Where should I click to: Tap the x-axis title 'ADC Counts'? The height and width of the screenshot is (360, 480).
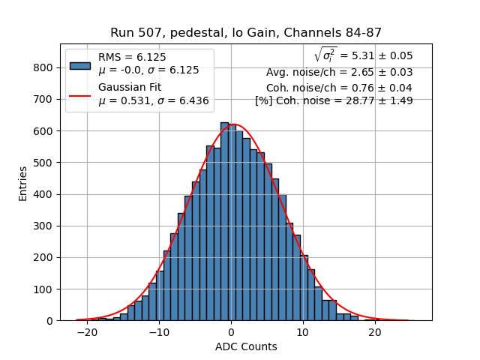(246, 346)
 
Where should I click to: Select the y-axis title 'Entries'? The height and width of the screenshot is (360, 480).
(23, 183)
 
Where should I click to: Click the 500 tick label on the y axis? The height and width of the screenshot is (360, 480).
(43, 163)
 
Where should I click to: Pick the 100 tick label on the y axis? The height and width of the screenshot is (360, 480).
(43, 289)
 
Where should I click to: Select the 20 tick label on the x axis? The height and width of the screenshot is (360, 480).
(375, 332)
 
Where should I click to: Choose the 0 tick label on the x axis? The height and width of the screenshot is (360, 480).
(231, 332)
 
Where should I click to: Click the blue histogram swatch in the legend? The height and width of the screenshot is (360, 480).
(80, 64)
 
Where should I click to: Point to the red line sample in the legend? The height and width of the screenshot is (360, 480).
(80, 95)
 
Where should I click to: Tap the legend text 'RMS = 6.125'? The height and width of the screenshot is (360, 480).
(132, 57)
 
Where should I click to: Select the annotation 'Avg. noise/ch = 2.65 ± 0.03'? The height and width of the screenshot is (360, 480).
(339, 73)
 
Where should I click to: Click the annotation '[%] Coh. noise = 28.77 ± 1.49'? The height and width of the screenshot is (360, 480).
(334, 100)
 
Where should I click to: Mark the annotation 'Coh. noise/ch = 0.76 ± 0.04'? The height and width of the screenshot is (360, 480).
(339, 87)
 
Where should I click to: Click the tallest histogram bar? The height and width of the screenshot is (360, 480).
(224, 221)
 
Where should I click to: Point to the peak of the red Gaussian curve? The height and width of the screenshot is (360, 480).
(232, 124)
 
